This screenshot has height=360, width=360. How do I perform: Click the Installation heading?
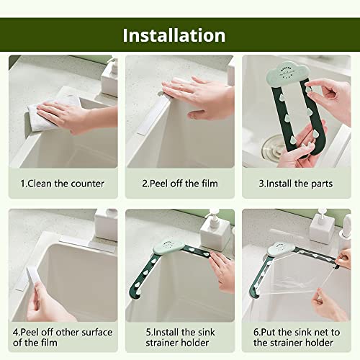[x=174, y=35]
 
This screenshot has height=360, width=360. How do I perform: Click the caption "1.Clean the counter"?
[x=62, y=184]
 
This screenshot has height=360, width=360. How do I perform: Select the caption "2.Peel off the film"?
[x=180, y=184]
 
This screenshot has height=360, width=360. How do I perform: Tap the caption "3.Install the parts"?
[x=296, y=184]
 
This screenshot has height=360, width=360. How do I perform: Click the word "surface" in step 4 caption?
[x=96, y=333]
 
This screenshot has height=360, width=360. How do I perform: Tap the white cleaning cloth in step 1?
[x=52, y=112]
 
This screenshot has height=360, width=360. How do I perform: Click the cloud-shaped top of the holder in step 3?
[x=288, y=74]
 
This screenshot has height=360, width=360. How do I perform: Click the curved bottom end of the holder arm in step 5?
[x=135, y=293]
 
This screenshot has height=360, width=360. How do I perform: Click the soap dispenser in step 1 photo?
[x=109, y=77]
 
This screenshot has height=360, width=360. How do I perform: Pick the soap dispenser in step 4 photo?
[x=106, y=225]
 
